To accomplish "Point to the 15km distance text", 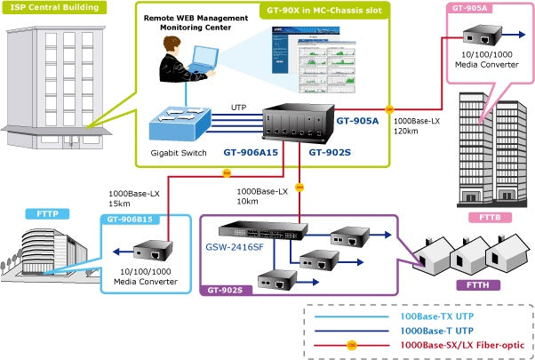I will point(118,204).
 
